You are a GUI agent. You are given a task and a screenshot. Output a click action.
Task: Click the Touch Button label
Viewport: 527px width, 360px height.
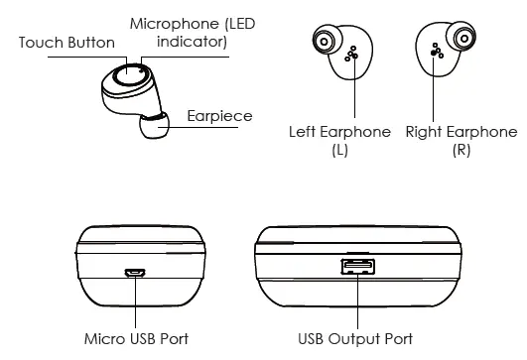tap(66, 43)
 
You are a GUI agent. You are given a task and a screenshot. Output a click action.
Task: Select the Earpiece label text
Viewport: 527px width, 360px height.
tap(219, 117)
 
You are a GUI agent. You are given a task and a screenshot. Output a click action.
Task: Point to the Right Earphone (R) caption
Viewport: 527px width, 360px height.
tap(461, 141)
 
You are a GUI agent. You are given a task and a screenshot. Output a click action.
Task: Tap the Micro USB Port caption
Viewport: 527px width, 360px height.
tap(136, 339)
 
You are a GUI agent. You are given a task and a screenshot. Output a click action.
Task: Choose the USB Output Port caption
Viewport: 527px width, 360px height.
tap(355, 339)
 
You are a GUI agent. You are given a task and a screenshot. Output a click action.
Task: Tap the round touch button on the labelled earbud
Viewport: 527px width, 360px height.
tap(126, 75)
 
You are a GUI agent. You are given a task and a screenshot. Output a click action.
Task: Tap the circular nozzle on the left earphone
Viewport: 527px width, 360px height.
tap(325, 42)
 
